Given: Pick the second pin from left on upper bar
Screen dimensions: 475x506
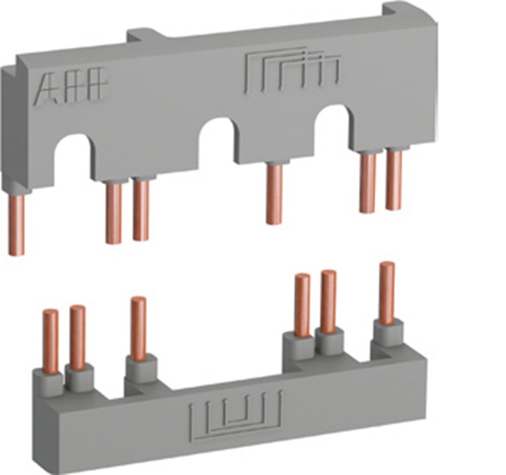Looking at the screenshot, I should [x=114, y=212].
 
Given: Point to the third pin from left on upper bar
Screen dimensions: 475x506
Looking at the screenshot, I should [x=141, y=209].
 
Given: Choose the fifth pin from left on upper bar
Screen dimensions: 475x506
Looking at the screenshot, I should [x=368, y=182].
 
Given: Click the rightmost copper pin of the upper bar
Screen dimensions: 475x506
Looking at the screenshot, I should [x=394, y=179].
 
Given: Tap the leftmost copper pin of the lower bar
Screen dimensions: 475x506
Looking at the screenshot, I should [x=51, y=341].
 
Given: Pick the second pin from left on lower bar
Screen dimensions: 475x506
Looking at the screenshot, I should [x=77, y=337].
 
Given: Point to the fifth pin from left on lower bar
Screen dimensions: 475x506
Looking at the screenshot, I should [x=328, y=300].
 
